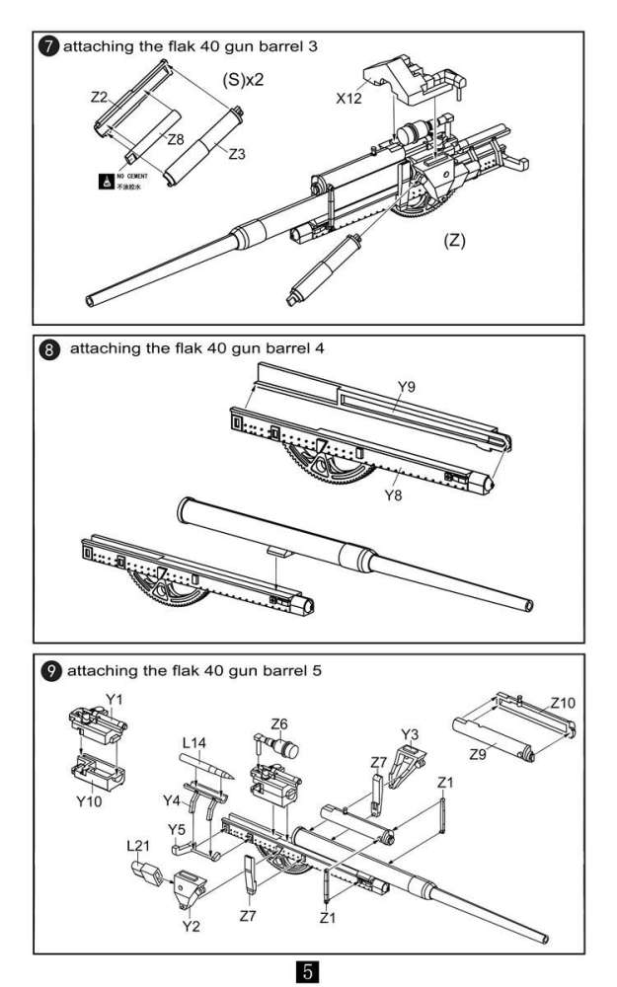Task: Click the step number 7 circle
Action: pyautogui.click(x=48, y=46)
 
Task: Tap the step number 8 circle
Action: pyautogui.click(x=48, y=350)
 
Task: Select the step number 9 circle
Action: pyautogui.click(x=48, y=670)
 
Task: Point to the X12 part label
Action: pyautogui.click(x=349, y=99)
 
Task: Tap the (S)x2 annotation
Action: pyautogui.click(x=242, y=79)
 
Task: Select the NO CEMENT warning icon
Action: pyautogui.click(x=106, y=182)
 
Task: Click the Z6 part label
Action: pyautogui.click(x=279, y=724)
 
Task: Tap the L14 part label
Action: pyautogui.click(x=195, y=743)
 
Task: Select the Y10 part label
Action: pyautogui.click(x=91, y=799)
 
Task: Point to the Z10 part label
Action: pyautogui.click(x=563, y=703)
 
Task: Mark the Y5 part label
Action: pyautogui.click(x=178, y=827)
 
